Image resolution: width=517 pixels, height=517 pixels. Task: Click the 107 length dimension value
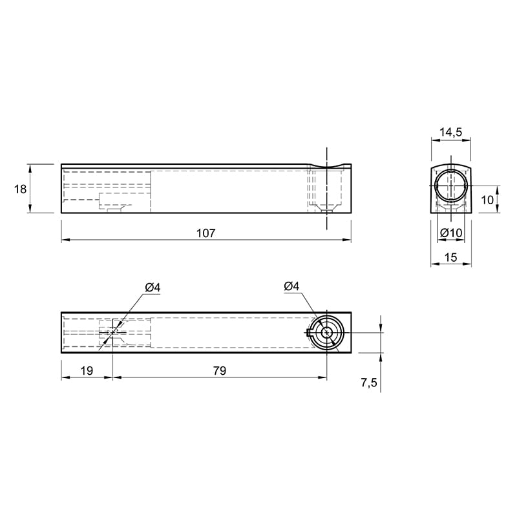pos(206,233)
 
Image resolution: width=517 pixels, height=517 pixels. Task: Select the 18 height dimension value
pos(20,189)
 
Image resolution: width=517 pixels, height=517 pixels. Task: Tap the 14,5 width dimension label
pos(450,132)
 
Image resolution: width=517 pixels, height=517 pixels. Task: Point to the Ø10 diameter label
pos(451,233)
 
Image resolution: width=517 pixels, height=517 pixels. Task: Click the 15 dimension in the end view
pos(450,257)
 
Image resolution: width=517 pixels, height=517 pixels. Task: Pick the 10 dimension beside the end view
pos(487,200)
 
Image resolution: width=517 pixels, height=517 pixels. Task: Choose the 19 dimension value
pos(87,370)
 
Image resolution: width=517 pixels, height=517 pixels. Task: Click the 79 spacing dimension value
pos(220,370)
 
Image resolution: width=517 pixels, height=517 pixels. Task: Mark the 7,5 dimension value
pos(368,383)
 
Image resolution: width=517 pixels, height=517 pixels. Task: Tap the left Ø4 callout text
pos(153,288)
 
